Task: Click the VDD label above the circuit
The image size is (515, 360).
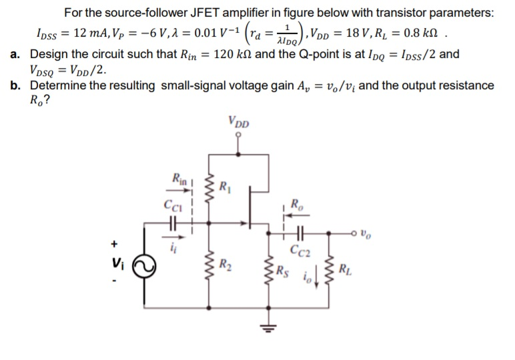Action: tap(238, 123)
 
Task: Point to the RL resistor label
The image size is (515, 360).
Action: tap(344, 270)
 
